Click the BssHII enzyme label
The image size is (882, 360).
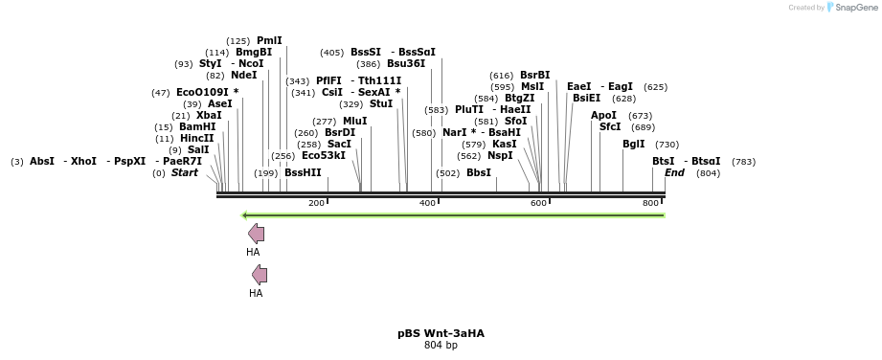click(x=303, y=173)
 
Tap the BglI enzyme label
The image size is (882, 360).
click(x=634, y=144)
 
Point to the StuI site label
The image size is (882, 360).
click(x=381, y=103)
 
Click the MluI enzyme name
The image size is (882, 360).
click(x=354, y=122)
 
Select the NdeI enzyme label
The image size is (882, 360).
click(x=244, y=75)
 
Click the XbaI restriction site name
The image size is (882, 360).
click(x=209, y=115)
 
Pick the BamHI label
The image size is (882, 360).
click(x=197, y=126)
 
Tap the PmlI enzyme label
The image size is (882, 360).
click(x=269, y=40)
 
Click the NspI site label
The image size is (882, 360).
click(x=500, y=155)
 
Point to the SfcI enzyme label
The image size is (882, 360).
click(x=610, y=126)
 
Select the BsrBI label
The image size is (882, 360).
click(x=534, y=75)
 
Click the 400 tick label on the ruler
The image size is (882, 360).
click(x=427, y=203)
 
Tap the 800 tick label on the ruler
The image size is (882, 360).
click(x=650, y=203)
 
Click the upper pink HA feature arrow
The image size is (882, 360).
click(x=256, y=233)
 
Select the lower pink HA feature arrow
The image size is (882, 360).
click(x=260, y=275)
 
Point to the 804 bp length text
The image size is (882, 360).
click(x=441, y=345)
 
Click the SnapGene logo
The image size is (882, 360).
click(x=848, y=8)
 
